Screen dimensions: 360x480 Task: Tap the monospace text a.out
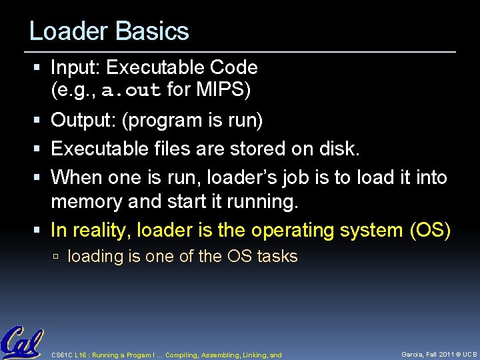pos(131,90)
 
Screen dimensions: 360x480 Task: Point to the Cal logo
pos(22,342)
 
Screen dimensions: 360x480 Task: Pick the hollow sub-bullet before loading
pos(57,257)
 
